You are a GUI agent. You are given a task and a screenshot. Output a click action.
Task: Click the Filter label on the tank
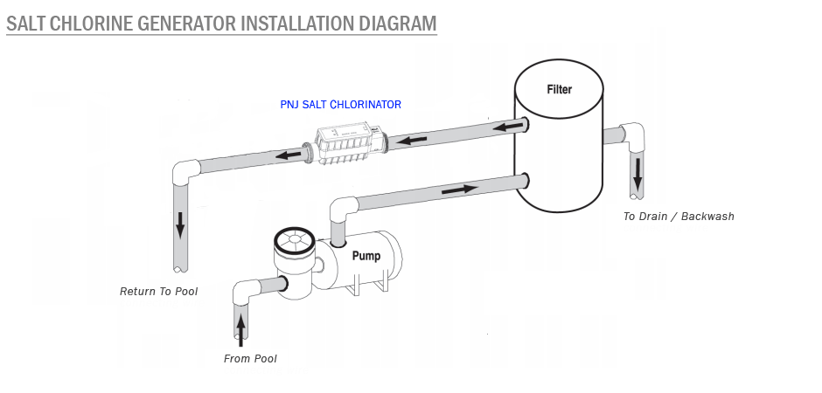click(x=560, y=89)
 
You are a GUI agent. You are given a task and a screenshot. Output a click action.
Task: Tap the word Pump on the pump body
click(x=368, y=257)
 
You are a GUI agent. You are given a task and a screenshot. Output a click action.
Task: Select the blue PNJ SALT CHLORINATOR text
click(x=340, y=105)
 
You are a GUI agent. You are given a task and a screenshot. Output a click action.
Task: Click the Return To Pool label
click(x=158, y=291)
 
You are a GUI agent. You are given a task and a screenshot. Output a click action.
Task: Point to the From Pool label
click(x=250, y=358)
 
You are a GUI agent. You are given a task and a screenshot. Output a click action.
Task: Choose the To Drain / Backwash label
click(x=679, y=217)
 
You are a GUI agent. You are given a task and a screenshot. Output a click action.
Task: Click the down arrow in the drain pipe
click(x=637, y=173)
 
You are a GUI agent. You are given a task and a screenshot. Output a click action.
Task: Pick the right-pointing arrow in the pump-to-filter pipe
click(x=460, y=188)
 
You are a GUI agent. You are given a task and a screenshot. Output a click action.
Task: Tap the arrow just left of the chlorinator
click(x=288, y=155)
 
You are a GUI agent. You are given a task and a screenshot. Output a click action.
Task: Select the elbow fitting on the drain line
click(x=634, y=135)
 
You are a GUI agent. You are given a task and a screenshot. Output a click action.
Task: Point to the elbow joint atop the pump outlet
click(x=342, y=210)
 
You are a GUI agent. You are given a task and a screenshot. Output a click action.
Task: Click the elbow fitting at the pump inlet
click(x=246, y=290)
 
